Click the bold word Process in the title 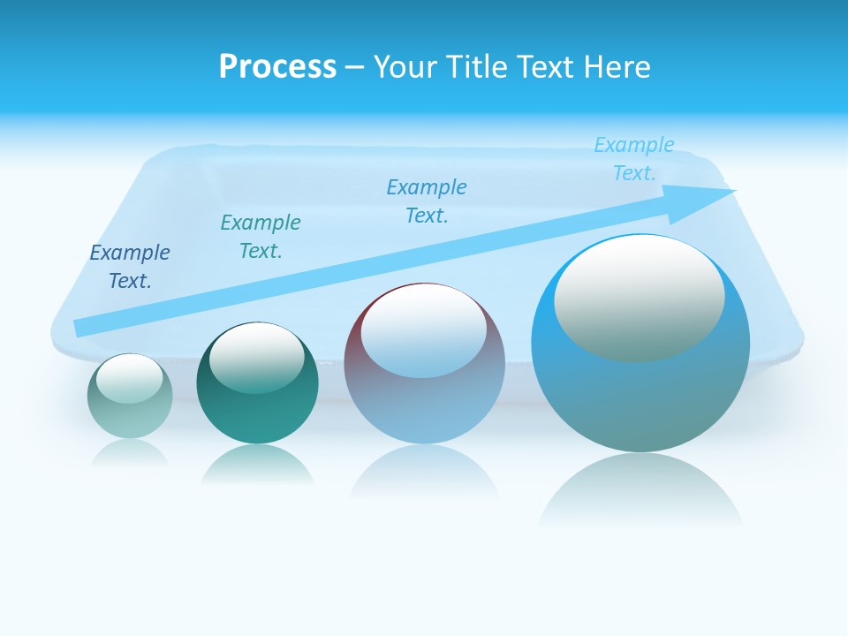click(277, 67)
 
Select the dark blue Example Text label click(130, 267)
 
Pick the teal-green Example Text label click(261, 236)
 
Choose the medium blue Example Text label click(427, 201)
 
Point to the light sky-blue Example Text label click(634, 158)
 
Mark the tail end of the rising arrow click(81, 328)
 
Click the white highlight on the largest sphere click(639, 299)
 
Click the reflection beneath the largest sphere click(640, 490)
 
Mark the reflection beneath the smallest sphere click(130, 452)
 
